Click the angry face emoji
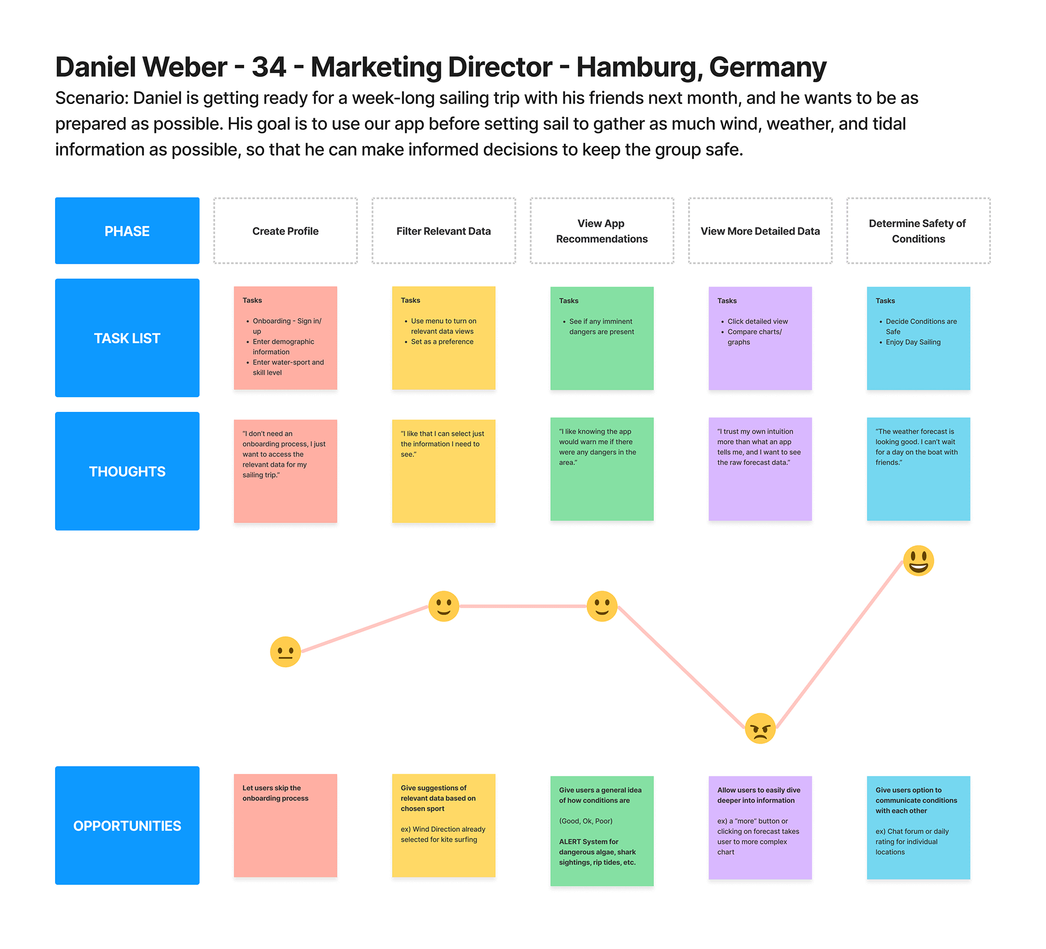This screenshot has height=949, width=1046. coord(760,728)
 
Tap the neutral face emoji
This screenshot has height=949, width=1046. coord(285,652)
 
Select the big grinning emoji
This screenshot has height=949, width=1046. coord(919,561)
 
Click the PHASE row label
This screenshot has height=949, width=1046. coord(127,231)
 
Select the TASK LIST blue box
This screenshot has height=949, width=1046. coord(127,338)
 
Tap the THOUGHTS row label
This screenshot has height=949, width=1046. coord(127,472)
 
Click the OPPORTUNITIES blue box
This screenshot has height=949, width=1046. coord(127,826)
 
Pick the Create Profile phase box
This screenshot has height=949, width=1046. coord(285,231)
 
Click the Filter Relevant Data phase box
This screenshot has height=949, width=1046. coord(443,231)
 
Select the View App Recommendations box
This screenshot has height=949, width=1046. coord(601,231)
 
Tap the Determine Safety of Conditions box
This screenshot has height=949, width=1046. coord(918,231)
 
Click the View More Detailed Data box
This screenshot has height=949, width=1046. coord(760,231)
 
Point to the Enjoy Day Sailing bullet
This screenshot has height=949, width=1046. coord(913,342)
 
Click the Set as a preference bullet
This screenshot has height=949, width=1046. coord(442,342)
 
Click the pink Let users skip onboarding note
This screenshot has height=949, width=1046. coord(285,825)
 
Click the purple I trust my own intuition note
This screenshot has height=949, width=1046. coord(760,469)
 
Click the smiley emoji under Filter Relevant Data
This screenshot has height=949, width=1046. coord(443,606)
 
